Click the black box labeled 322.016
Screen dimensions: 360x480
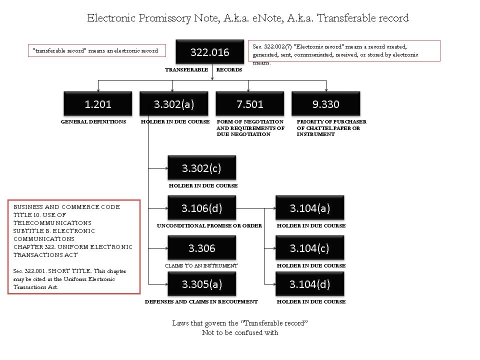pyautogui.click(x=209, y=52)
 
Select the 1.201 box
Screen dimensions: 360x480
pyautogui.click(x=98, y=104)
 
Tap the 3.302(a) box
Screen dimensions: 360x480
pyautogui.click(x=174, y=104)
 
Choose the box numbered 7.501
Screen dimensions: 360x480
pyautogui.click(x=249, y=104)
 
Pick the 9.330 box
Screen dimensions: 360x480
pyautogui.click(x=325, y=104)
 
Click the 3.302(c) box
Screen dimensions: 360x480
pyautogui.click(x=201, y=168)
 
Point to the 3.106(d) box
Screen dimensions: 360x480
pyautogui.click(x=201, y=208)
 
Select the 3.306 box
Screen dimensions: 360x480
pyautogui.click(x=201, y=248)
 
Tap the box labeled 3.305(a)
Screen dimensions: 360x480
pyautogui.click(x=201, y=284)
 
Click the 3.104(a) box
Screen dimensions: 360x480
pyautogui.click(x=310, y=208)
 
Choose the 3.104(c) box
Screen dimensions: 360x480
pyautogui.click(x=310, y=248)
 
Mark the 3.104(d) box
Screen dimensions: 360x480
pyautogui.click(x=310, y=284)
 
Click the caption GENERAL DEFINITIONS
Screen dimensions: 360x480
pyautogui.click(x=93, y=122)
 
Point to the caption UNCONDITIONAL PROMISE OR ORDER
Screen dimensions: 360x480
pyautogui.click(x=209, y=226)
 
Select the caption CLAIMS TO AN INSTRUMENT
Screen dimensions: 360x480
pyautogui.click(x=201, y=265)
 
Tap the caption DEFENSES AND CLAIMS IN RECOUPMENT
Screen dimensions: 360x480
pyautogui.click(x=201, y=302)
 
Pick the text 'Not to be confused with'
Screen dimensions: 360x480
pyautogui.click(x=240, y=332)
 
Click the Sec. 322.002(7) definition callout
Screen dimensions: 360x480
pyautogui.click(x=344, y=51)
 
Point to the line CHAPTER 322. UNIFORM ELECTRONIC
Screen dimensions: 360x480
pyautogui.click(x=73, y=247)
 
